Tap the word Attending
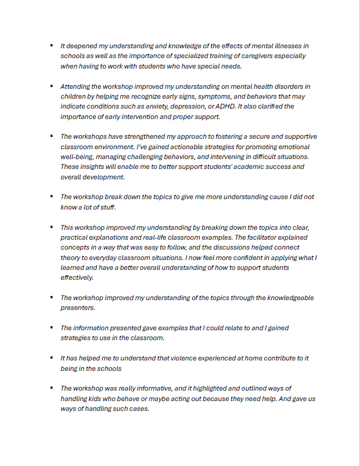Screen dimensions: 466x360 pos(77,86)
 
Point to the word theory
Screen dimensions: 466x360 pos(71,258)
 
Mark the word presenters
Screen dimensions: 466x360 pos(78,308)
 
